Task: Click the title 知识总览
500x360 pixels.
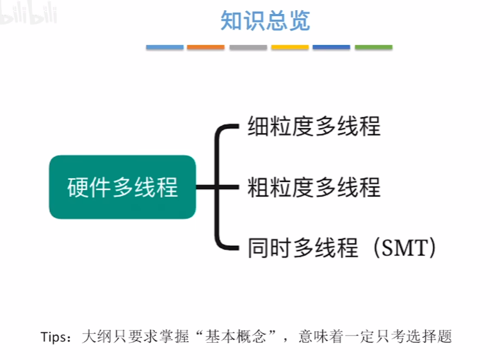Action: pos(265,20)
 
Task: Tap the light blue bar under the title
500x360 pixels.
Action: pos(165,47)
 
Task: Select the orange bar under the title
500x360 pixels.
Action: pos(206,47)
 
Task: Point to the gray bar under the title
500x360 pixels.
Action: pos(248,47)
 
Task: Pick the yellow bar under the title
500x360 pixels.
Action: pos(289,47)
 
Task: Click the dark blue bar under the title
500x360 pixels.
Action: pos(331,47)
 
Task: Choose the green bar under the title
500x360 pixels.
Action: pos(373,47)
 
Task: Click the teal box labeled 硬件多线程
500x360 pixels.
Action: pos(122,187)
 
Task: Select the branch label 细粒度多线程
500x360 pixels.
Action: pos(314,126)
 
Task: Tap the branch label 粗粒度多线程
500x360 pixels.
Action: pos(314,187)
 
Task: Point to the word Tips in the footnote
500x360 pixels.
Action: pos(55,337)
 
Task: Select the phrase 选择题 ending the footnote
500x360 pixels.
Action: pos(430,337)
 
